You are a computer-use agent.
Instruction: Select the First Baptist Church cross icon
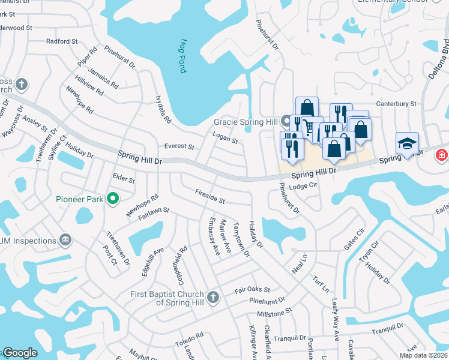212,297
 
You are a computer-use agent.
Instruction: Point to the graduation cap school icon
407,144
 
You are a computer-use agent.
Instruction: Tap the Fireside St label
209,197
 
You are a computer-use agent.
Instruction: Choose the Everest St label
179,146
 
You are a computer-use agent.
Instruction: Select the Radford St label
62,41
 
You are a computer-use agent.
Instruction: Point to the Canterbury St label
396,104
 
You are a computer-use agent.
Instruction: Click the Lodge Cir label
303,187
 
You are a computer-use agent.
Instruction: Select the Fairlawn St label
155,211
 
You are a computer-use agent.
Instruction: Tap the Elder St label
124,179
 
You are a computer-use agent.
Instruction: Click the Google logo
19,353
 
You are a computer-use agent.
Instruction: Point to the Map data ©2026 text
423,355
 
